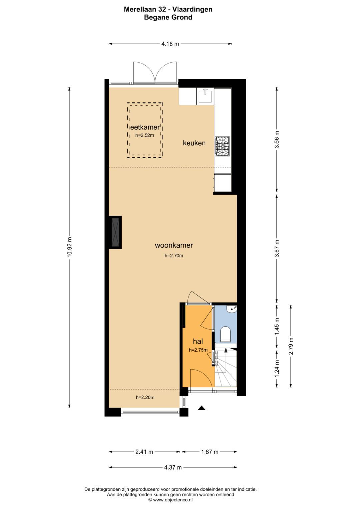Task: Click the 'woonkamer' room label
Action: pos(174,245)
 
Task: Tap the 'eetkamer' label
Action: pos(145,127)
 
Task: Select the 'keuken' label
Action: pos(194,143)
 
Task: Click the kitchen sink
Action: pos(205,96)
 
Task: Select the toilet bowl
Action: pos(226,334)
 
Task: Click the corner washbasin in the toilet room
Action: pos(232,309)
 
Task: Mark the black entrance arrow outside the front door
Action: pos(201,408)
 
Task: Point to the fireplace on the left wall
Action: pos(115,232)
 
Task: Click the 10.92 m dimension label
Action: pos(69,247)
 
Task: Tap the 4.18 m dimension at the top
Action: pos(170,44)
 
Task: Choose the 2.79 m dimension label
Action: pos(291,346)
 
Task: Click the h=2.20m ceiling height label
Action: pos(145,397)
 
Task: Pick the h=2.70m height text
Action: pos(174,256)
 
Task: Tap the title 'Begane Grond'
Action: pos(168,17)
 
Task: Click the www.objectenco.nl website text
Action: pos(173,500)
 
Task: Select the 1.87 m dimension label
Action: pos(210,452)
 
